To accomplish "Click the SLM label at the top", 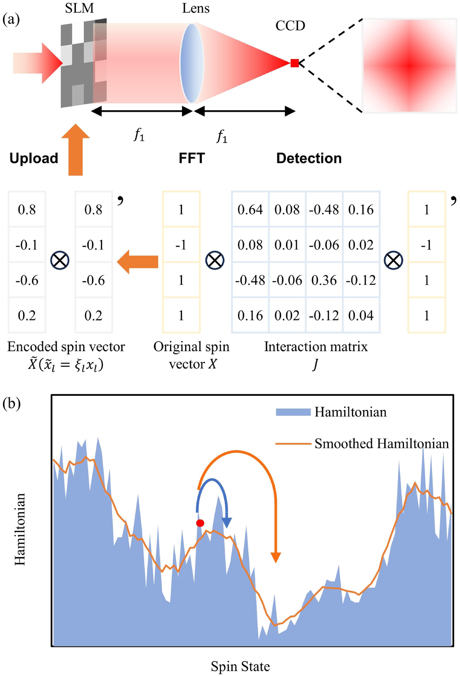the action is (79, 8).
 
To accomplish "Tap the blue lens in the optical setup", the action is (192, 63).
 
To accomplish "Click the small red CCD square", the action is (294, 63).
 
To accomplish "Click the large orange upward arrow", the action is (76, 150).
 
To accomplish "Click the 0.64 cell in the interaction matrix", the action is (250, 210).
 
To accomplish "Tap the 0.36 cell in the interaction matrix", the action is (324, 280).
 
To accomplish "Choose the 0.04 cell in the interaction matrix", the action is (361, 316).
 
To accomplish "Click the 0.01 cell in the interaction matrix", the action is (287, 245).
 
